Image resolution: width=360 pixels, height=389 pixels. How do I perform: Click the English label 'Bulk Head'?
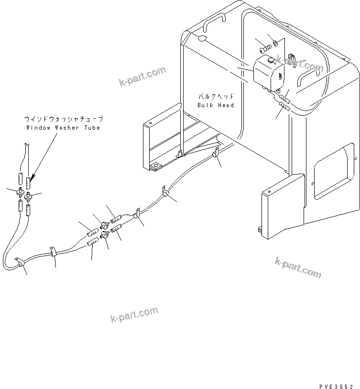[215, 105]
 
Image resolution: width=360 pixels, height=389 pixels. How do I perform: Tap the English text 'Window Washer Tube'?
[64, 128]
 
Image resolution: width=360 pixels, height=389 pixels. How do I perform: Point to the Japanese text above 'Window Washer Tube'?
[64, 119]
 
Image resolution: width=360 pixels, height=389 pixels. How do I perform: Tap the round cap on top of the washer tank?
[271, 61]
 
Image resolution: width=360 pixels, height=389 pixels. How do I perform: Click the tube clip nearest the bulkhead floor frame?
[215, 153]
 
